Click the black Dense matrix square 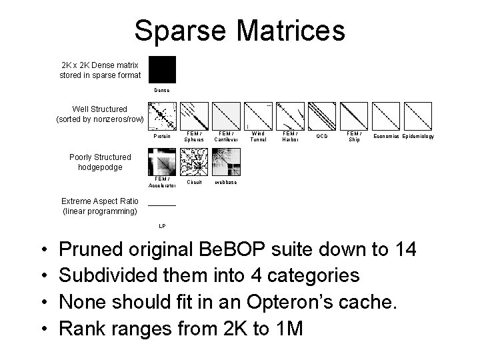point(162,69)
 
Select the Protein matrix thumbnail point(162,115)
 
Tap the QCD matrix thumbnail point(322,115)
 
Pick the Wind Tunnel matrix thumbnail point(258,115)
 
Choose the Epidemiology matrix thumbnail point(418,115)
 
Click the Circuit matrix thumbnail point(195,161)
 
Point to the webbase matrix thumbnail point(227,161)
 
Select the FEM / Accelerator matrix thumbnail point(162,161)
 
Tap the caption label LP point(162,227)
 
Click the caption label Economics point(386,137)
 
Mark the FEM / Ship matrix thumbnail point(354,115)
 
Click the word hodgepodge point(100,167)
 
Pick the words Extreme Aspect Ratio point(100,201)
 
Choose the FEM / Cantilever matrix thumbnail point(226,115)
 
